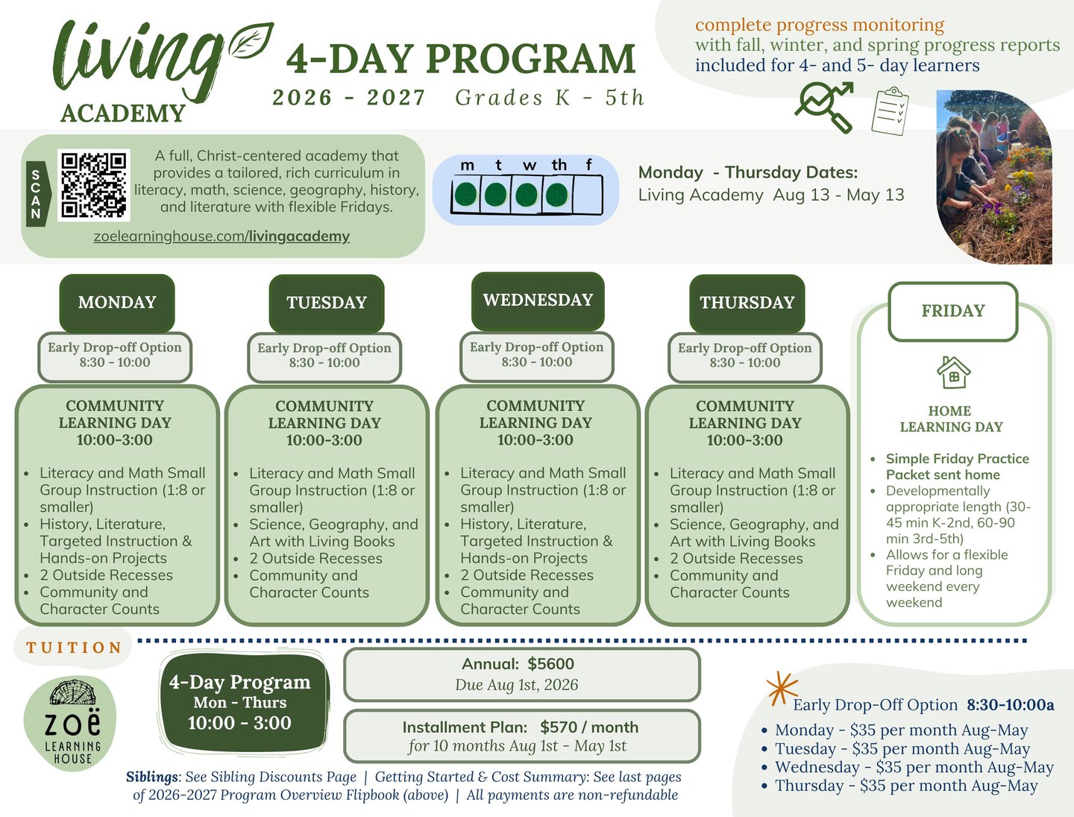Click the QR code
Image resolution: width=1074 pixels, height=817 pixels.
[x=93, y=185]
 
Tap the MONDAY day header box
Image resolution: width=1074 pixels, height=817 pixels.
[x=117, y=302]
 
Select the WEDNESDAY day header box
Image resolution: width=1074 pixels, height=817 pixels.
[x=538, y=300]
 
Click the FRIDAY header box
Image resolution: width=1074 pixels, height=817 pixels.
[x=952, y=311]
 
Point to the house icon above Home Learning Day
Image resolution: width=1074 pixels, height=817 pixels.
[x=953, y=372]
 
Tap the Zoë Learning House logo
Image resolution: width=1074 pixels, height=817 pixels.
[x=71, y=723]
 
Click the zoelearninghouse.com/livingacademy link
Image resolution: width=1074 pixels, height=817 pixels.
[x=222, y=237]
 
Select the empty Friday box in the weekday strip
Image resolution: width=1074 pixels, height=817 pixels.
[x=588, y=195]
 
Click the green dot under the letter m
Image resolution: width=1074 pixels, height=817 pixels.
[x=466, y=195]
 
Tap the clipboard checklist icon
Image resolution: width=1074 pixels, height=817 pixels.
[x=890, y=111]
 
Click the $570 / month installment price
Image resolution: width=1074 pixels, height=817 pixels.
[x=589, y=727]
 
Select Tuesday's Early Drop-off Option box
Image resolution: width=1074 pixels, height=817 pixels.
[x=324, y=356]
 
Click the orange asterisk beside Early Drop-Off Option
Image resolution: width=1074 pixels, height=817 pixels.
[x=781, y=689]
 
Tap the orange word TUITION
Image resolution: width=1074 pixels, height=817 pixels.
[x=74, y=648]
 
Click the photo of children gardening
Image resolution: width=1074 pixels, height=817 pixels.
[x=993, y=178]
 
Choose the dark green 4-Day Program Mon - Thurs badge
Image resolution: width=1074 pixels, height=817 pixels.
[x=239, y=702]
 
